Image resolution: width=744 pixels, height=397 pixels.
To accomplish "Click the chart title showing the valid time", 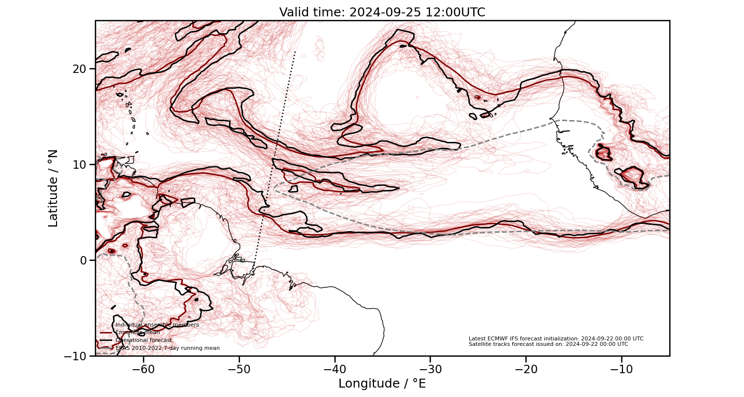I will point(382,12).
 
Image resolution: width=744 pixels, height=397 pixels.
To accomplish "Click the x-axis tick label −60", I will point(143,370).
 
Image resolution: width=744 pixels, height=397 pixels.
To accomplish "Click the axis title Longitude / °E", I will point(382,384).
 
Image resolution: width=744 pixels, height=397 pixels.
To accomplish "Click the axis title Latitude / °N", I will point(53,188).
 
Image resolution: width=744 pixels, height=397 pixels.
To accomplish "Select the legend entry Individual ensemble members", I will point(157,325).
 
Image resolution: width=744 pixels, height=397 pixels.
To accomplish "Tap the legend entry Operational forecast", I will point(143,340).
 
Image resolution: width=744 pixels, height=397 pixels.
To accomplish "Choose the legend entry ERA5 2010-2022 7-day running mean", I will point(167,348).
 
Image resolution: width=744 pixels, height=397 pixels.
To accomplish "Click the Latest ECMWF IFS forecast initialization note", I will point(556,338).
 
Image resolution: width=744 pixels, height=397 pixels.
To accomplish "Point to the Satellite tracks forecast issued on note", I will point(548,344).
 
